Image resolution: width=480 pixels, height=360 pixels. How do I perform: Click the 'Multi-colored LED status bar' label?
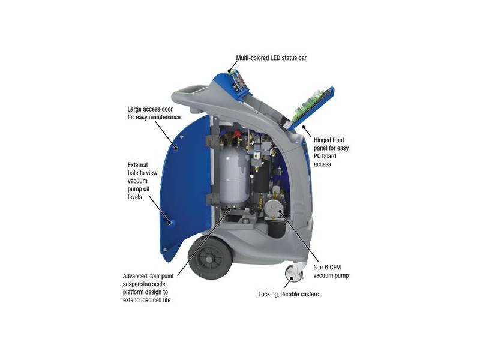tap(271, 58)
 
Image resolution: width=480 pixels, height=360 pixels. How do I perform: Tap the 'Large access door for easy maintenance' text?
tap(154, 113)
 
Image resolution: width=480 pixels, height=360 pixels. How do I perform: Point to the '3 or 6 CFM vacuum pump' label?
tap(331, 271)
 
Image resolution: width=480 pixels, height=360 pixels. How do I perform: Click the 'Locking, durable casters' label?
tap(289, 294)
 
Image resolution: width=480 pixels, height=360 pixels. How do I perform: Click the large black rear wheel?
tap(211, 258)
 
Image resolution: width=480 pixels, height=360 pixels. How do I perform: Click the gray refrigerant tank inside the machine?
tap(234, 176)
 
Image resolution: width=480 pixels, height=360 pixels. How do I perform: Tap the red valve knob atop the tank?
tap(236, 134)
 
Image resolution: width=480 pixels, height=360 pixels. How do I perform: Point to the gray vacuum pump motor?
tap(274, 208)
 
